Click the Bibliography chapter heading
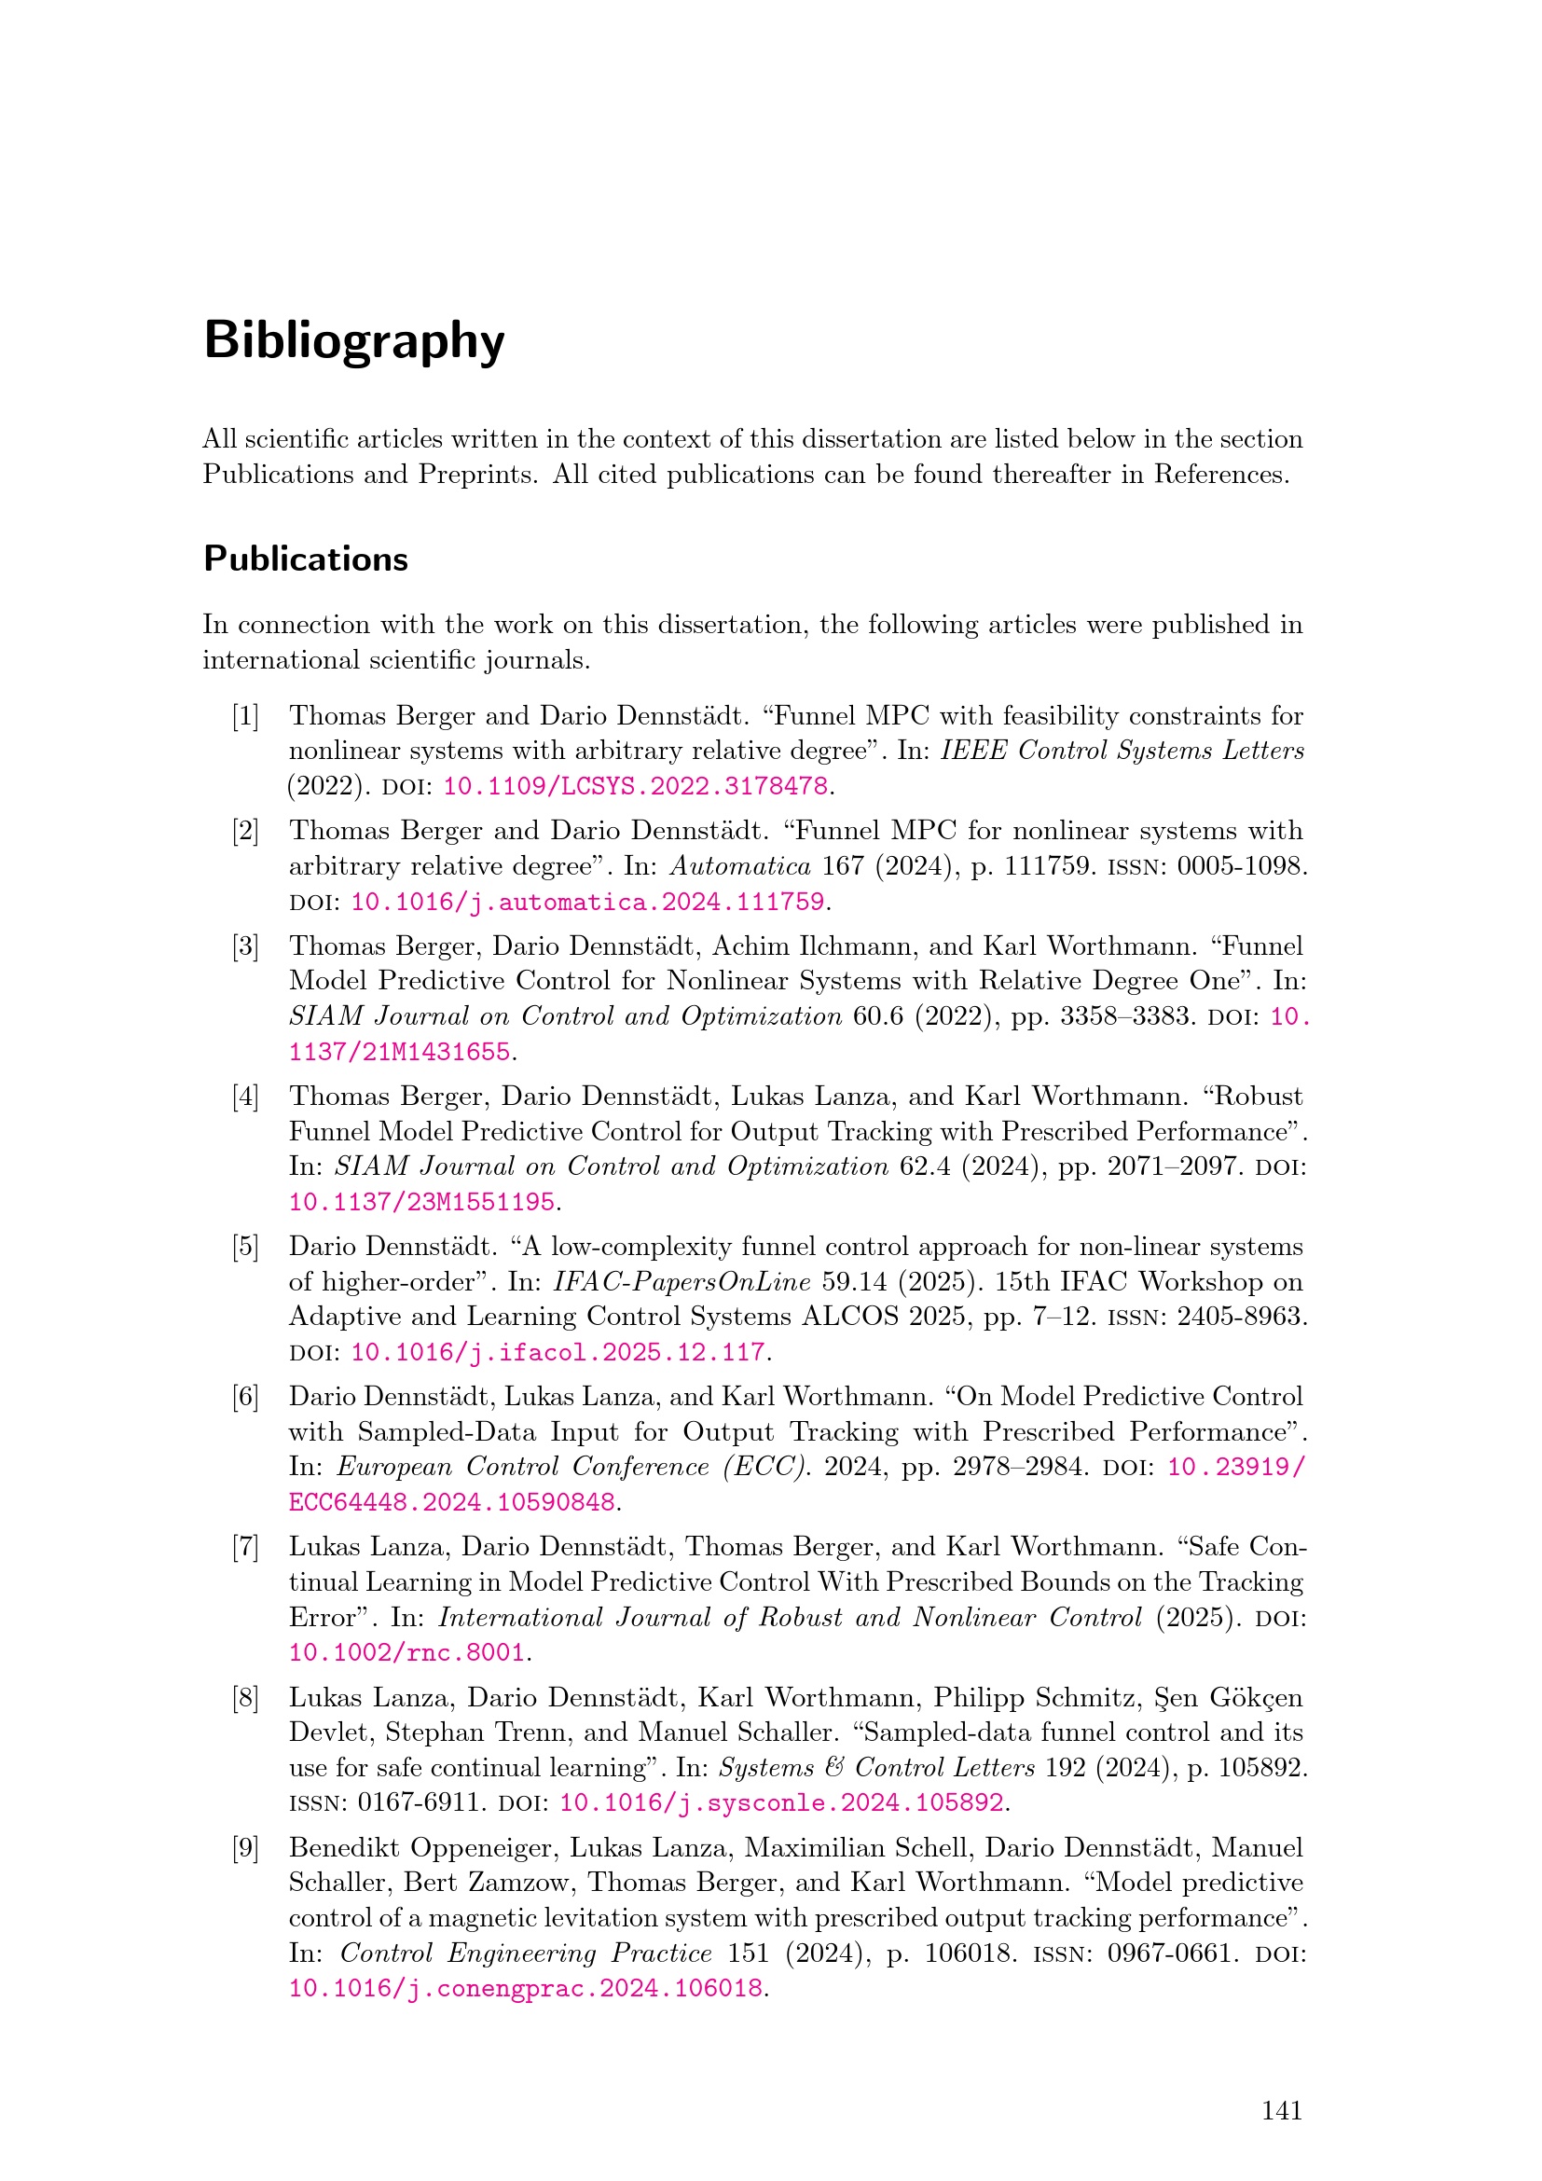point(353,341)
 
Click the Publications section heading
point(306,559)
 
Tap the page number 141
point(1281,2110)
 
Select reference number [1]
point(245,715)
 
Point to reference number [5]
point(245,1247)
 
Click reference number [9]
point(245,1847)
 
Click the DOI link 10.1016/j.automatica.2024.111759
point(587,902)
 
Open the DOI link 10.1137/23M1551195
point(421,1202)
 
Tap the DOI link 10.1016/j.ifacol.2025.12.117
point(558,1352)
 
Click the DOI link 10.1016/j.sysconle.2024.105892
point(781,1802)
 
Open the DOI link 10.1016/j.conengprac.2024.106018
point(525,1988)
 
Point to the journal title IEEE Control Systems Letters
point(1122,751)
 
